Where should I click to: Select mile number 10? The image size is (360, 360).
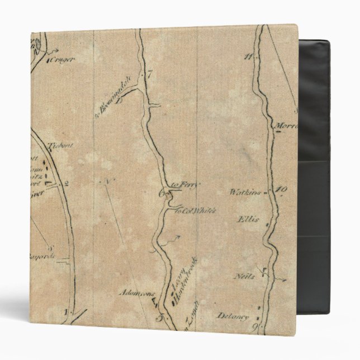click(x=281, y=190)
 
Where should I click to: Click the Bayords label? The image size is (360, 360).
click(x=41, y=257)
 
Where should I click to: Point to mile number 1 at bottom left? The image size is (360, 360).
click(x=65, y=311)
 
